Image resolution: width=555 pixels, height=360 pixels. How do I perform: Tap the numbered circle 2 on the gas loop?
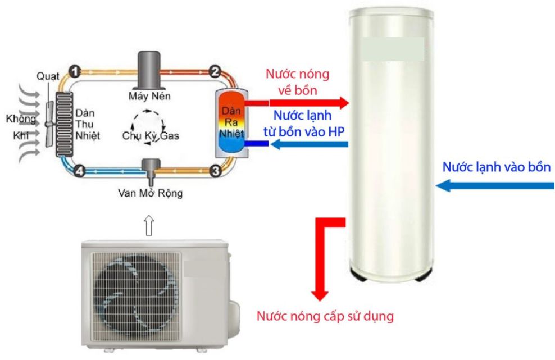click(x=214, y=71)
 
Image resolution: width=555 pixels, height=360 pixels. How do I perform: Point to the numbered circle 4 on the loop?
click(x=80, y=171)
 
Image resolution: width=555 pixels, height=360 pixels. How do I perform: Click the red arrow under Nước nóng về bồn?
click(x=309, y=103)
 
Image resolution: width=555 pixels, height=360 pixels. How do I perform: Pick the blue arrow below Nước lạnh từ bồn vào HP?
click(x=309, y=144)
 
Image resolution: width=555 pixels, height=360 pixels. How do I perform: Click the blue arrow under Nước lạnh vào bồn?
click(x=494, y=185)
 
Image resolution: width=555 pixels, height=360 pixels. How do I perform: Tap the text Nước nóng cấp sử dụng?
click(x=325, y=316)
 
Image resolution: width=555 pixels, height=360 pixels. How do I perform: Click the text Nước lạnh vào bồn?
click(x=497, y=167)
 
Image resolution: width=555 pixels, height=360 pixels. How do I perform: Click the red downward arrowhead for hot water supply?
click(x=320, y=295)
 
